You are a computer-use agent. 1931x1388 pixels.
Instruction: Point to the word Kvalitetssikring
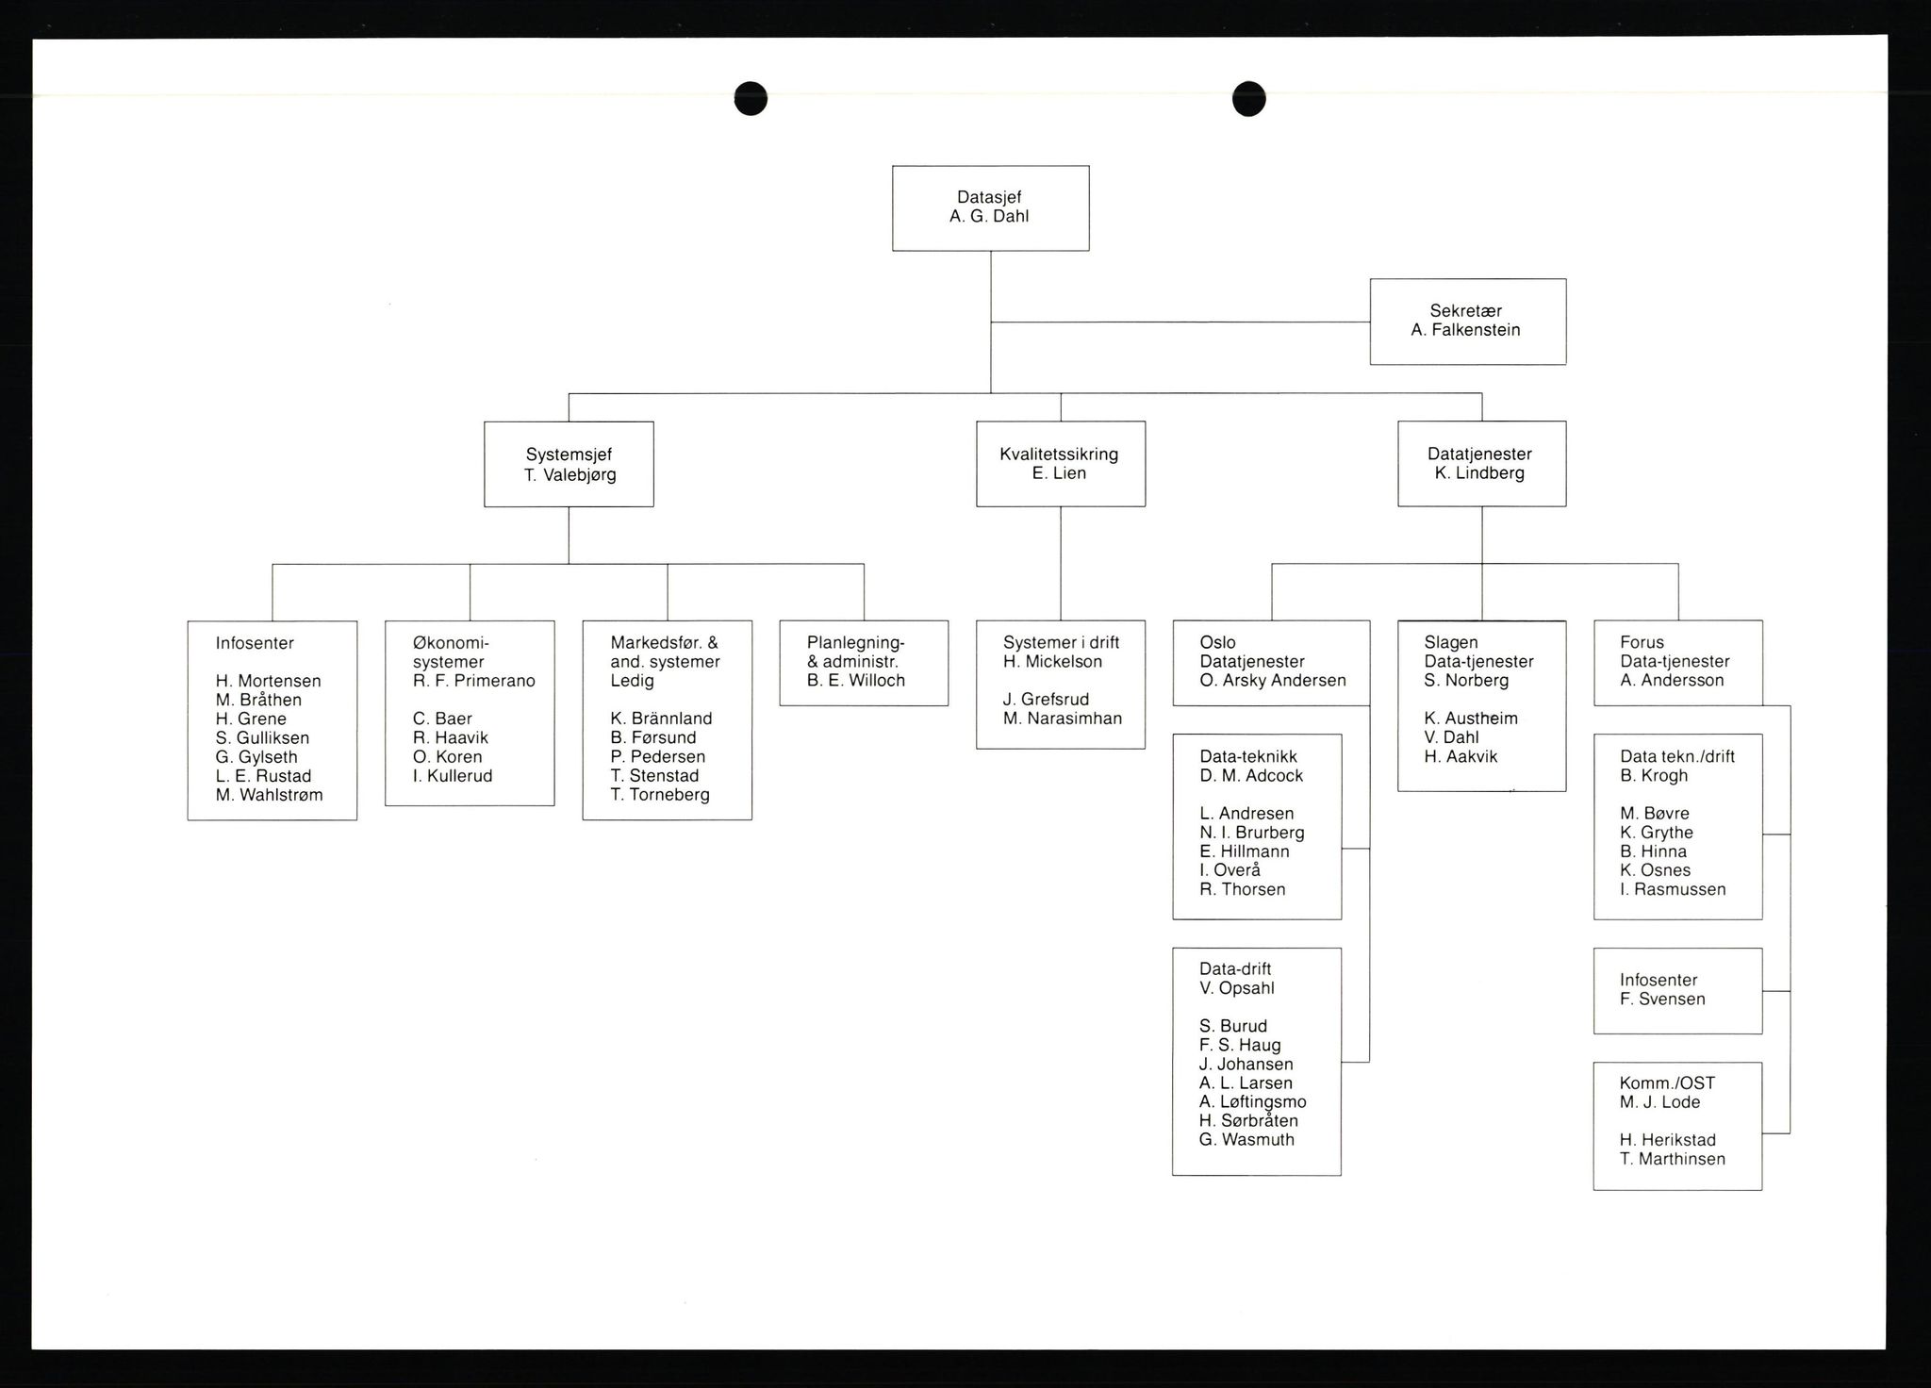tap(1059, 454)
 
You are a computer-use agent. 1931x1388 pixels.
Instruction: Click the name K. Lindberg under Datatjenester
tap(1479, 473)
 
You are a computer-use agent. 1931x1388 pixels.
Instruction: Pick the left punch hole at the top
tap(751, 98)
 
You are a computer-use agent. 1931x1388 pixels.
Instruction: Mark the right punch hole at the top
tap(1248, 98)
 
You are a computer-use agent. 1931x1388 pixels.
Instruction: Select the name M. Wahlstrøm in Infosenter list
tap(269, 795)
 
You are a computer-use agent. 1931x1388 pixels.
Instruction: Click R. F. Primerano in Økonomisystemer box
tap(474, 681)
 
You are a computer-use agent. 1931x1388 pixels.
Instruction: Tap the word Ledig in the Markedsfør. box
tap(632, 681)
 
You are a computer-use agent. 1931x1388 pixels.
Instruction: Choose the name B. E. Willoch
tap(856, 681)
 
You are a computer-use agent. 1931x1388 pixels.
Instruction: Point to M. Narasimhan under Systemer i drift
tap(1063, 719)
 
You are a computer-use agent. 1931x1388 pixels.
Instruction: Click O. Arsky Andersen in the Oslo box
tap(1273, 681)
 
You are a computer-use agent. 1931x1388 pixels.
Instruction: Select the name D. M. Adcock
tap(1251, 776)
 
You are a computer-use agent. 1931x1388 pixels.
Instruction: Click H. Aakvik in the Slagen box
tap(1461, 756)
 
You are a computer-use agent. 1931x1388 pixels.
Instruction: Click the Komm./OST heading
tap(1667, 1083)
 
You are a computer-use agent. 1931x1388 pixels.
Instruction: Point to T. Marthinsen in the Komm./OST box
tap(1673, 1159)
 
